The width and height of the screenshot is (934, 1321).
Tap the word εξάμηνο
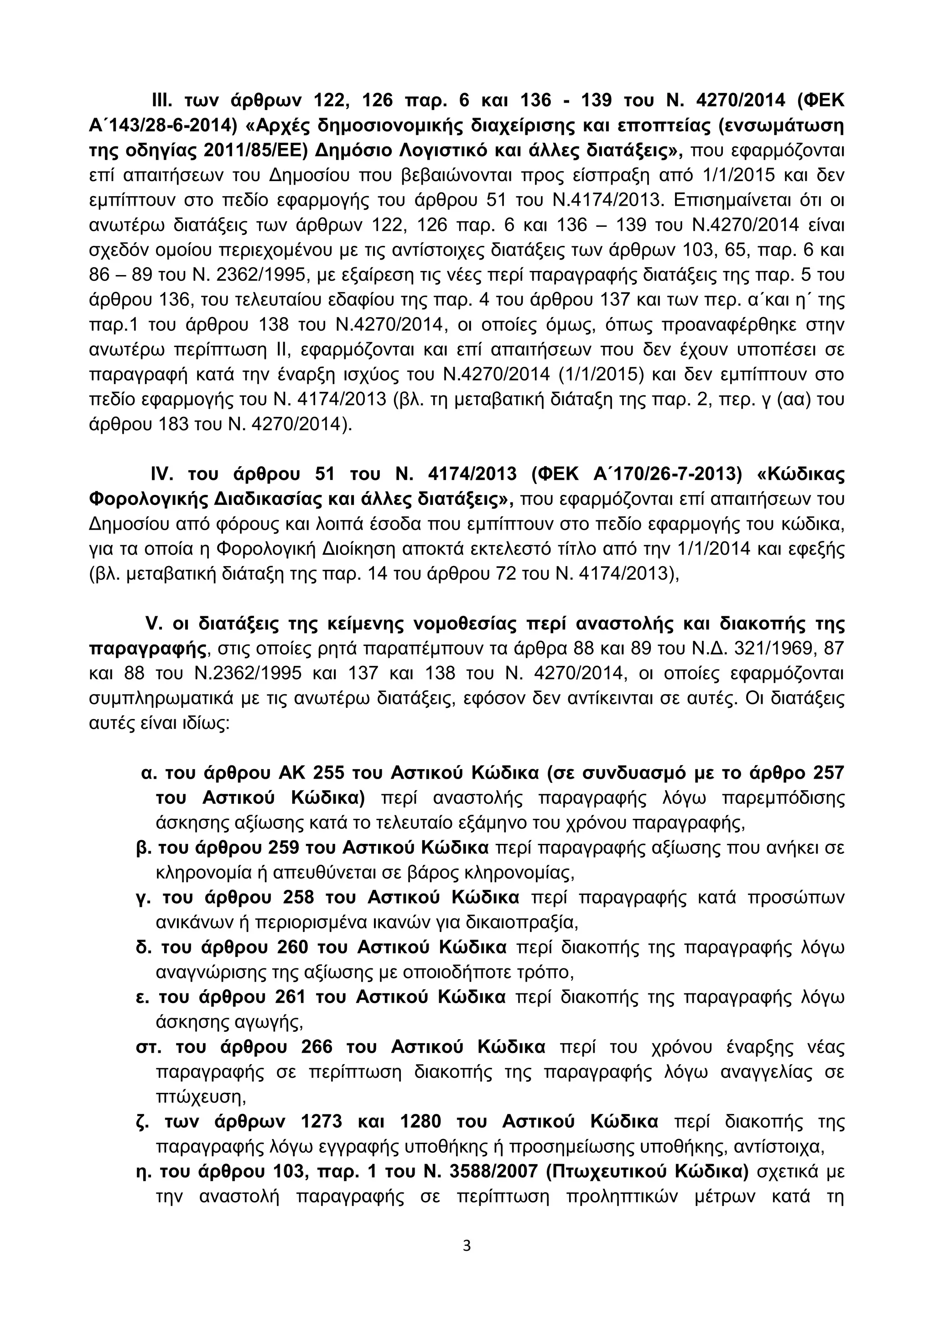[x=515, y=823]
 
